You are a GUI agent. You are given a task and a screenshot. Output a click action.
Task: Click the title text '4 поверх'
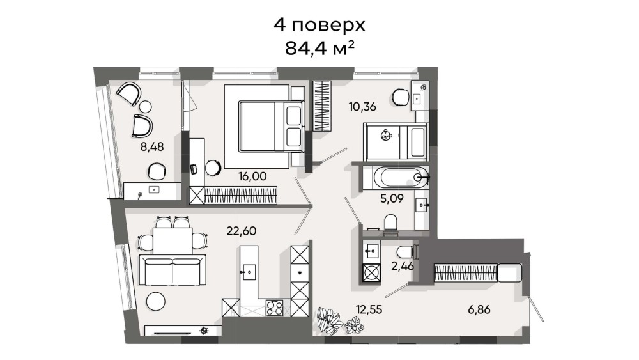pos(319,26)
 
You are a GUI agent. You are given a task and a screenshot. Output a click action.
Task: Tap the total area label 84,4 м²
pos(319,49)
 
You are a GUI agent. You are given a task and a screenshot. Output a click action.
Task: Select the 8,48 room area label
pos(152,147)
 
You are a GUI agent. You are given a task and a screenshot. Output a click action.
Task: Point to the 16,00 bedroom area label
pos(252,176)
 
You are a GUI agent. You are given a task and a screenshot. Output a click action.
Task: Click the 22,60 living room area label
pos(242,231)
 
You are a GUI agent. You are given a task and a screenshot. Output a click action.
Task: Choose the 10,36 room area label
pos(362,107)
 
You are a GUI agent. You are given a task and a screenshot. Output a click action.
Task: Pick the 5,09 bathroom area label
pos(392,199)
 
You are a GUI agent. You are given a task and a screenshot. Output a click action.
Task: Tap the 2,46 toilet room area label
pos(403,267)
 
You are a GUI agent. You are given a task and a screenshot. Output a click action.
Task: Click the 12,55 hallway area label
pos(369,310)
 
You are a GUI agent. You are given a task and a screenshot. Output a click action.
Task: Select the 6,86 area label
pos(479,310)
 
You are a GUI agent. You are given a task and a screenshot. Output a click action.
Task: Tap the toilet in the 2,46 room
pos(406,251)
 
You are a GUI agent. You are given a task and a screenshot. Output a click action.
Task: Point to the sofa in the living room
pos(173,269)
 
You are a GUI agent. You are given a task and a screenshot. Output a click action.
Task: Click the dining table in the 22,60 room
pos(173,241)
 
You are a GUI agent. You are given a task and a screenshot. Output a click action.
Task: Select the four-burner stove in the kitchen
pos(274,308)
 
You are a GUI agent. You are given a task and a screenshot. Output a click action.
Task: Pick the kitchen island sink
pos(249,270)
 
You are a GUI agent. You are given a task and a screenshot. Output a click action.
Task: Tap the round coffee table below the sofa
pos(156,302)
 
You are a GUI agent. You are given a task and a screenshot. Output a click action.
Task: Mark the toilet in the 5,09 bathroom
pos(391,224)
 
